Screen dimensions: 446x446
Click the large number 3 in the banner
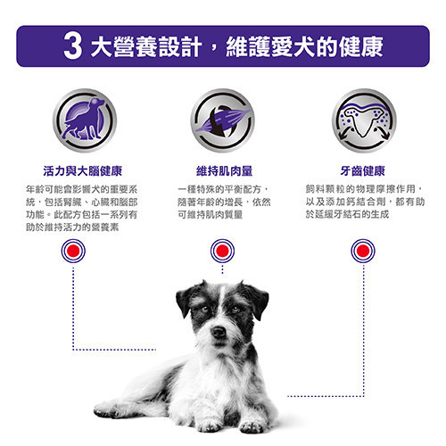point(74,45)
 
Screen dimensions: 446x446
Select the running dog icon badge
point(83,119)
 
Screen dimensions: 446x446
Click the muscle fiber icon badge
point(222,119)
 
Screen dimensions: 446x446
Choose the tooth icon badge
point(363,119)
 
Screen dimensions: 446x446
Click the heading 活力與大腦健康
point(83,170)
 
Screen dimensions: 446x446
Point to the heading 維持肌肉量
point(223,170)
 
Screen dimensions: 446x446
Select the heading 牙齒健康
point(363,170)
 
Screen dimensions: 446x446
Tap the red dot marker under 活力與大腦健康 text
point(73,252)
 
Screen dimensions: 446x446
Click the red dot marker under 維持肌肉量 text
point(222,252)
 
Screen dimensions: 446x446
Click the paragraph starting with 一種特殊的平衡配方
point(223,202)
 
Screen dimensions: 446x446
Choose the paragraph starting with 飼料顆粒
point(363,202)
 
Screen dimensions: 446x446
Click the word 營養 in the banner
point(140,45)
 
